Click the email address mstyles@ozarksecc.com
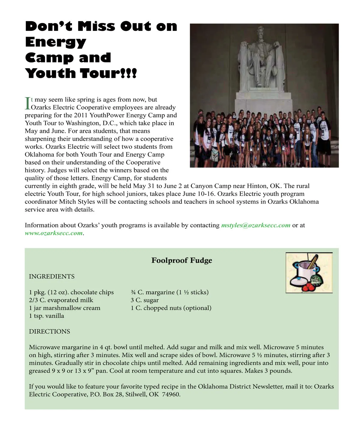click(256, 225)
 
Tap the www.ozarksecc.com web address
click(53, 233)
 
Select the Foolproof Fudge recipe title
click(181, 260)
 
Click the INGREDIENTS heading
click(52, 276)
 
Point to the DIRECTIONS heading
click(49, 331)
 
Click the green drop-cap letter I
click(27, 103)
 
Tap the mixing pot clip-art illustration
click(309, 273)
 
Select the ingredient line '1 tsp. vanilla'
click(46, 316)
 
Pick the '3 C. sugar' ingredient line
click(145, 300)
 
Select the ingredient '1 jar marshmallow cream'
click(64, 308)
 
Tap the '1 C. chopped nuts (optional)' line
click(171, 308)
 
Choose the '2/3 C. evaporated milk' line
click(61, 300)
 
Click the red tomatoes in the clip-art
click(307, 287)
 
